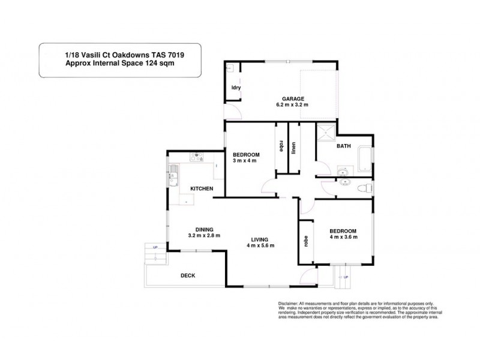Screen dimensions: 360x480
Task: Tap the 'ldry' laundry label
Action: [x=236, y=88]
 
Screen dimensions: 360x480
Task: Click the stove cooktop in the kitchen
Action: [x=196, y=158]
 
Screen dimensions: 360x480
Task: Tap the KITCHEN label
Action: [x=202, y=189]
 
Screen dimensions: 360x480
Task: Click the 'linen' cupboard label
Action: [x=294, y=148]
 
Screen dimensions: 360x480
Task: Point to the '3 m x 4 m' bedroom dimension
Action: [x=244, y=160]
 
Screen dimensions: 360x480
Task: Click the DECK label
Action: [x=188, y=275]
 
